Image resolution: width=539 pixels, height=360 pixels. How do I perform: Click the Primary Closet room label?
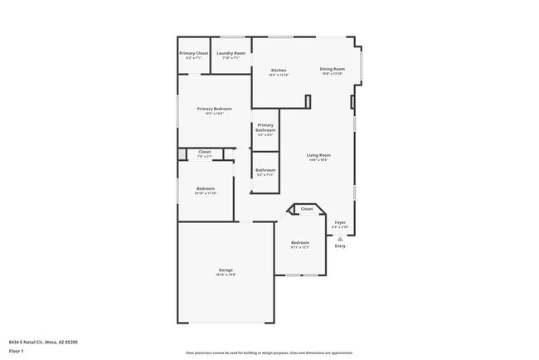point(194,53)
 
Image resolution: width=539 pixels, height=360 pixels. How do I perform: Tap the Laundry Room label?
point(231,53)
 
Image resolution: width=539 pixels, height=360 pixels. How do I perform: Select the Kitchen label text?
point(279,71)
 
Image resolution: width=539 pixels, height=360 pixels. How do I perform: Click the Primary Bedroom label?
point(214,109)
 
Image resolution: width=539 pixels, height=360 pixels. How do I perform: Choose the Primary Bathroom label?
point(265,128)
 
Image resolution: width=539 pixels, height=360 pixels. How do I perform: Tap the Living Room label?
point(318,155)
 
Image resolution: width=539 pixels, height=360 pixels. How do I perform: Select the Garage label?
point(226,270)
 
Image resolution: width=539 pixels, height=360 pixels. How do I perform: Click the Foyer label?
point(340,222)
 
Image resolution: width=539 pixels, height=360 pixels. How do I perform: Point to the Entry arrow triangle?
point(340,238)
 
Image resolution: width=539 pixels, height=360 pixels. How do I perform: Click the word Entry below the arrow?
point(340,246)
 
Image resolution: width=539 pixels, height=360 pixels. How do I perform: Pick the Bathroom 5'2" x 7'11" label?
point(265,170)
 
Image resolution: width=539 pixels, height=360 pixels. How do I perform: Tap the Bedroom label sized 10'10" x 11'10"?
point(206,189)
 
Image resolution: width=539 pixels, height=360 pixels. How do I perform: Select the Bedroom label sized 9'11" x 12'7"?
point(299,242)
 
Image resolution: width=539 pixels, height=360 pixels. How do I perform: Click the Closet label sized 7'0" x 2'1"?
point(204,152)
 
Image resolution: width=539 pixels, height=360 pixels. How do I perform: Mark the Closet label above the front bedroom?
point(307,209)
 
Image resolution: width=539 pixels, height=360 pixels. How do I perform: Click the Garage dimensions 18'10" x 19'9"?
point(226,275)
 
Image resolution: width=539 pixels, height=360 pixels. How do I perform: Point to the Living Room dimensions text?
point(318,160)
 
